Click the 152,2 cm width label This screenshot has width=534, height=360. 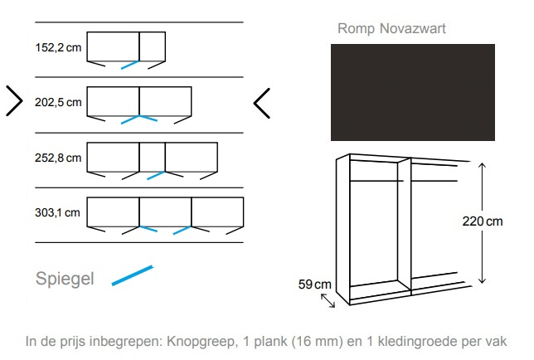pos(58,48)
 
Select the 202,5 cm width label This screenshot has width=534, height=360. pos(58,103)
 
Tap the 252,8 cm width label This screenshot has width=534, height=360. pos(58,158)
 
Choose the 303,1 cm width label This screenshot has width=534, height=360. pos(58,212)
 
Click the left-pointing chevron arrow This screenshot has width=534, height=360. pos(262,102)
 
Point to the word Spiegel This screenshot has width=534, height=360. pos(65,279)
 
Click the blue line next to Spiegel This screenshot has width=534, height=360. pos(132,275)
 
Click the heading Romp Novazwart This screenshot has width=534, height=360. pos(391,29)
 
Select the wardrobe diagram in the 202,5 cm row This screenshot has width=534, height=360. pos(139,105)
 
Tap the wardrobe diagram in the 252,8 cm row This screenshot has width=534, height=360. pos(153,159)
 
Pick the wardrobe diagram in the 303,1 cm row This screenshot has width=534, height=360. pos(166,214)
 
